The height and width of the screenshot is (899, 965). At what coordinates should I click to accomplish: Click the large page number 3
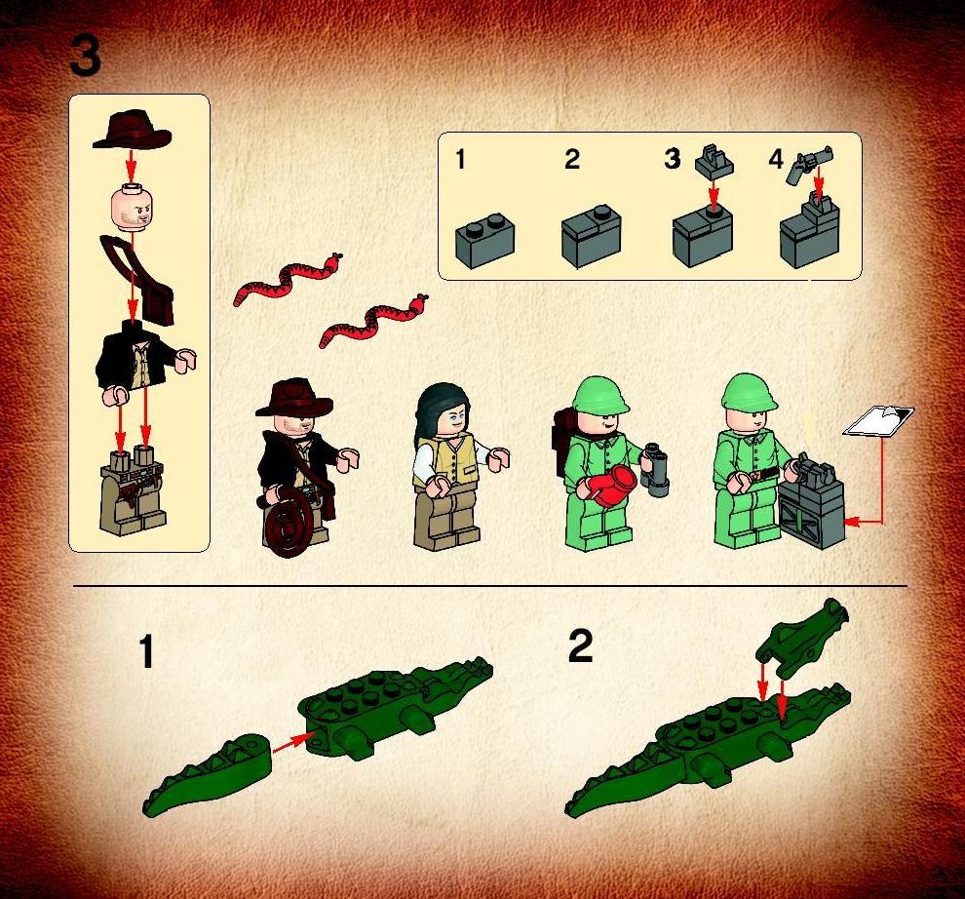coord(85,55)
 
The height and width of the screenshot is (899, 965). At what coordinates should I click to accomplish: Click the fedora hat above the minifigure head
coord(132,131)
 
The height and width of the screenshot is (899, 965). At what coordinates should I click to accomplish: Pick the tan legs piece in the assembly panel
coord(133,489)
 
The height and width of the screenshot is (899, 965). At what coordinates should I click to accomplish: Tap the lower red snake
coord(373,320)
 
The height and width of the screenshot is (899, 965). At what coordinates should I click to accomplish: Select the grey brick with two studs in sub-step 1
coord(485,241)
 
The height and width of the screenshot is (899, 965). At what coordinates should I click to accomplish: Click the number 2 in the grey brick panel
coord(572,160)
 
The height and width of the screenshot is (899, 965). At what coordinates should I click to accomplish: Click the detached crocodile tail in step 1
coord(207,773)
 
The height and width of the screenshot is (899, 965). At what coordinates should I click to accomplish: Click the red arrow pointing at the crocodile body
coord(290,743)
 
